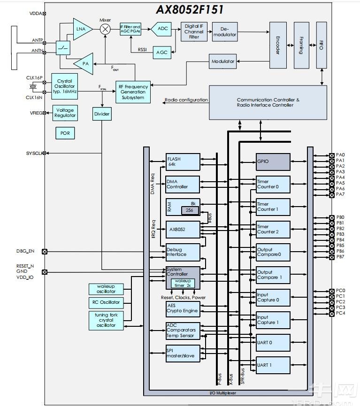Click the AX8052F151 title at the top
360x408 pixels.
tap(190, 9)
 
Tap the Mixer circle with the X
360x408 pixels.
tap(106, 29)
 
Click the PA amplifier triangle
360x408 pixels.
tap(84, 63)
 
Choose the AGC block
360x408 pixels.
tap(162, 53)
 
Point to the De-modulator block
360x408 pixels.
tap(224, 32)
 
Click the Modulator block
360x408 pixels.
tap(223, 62)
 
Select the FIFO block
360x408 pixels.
tap(321, 45)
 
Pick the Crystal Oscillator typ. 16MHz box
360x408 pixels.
tap(64, 87)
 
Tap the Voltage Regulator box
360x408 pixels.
tap(65, 113)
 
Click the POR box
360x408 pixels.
tap(65, 133)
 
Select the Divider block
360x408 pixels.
tap(102, 114)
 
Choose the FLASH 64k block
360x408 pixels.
tap(183, 162)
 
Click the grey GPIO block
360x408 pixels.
tap(273, 162)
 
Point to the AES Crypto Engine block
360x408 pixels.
tap(183, 308)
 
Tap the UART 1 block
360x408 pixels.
tap(273, 365)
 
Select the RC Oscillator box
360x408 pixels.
tap(106, 302)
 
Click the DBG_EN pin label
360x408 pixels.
tap(25, 251)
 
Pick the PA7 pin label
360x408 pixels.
tap(340, 194)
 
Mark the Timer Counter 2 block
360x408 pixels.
tap(273, 229)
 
